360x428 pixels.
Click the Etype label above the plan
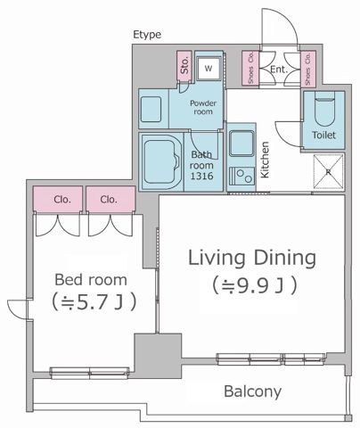(147, 35)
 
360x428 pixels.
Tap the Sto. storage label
(184, 66)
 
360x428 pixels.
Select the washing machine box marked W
(209, 68)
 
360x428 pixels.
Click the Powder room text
(203, 108)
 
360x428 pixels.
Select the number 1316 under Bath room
(203, 177)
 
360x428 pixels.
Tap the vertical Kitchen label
(265, 160)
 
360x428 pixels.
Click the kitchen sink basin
(241, 143)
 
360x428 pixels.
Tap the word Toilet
(323, 136)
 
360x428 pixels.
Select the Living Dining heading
(251, 259)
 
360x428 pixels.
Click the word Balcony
(252, 391)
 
